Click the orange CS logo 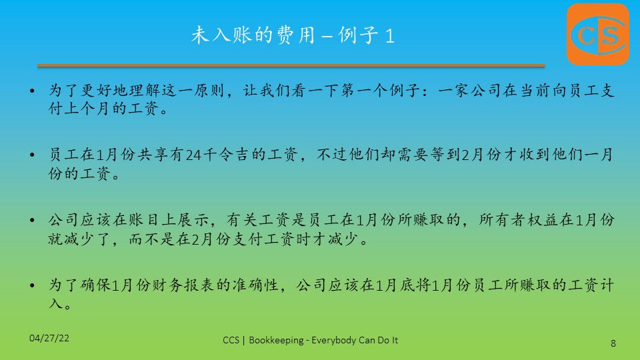pyautogui.click(x=598, y=34)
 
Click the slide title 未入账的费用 pyautogui.click(x=253, y=35)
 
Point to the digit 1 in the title pyautogui.click(x=389, y=36)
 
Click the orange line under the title pyautogui.click(x=291, y=65)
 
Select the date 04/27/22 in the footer pyautogui.click(x=49, y=338)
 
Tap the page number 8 pyautogui.click(x=613, y=343)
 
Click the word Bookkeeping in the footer pyautogui.click(x=276, y=340)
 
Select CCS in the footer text pyautogui.click(x=231, y=340)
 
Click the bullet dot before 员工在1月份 pyautogui.click(x=33, y=155)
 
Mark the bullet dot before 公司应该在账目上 pyautogui.click(x=33, y=220)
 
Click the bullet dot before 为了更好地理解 pyautogui.click(x=33, y=90)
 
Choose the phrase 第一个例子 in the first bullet pyautogui.click(x=381, y=90)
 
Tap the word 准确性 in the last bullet pyautogui.click(x=255, y=285)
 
